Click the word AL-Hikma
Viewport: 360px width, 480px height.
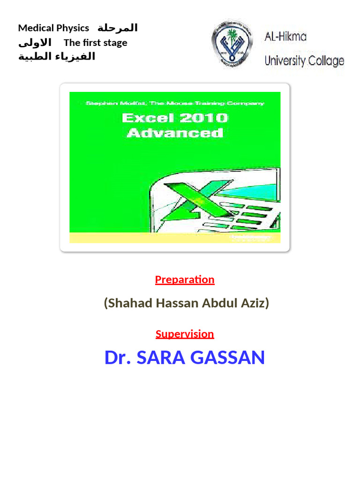tap(285, 36)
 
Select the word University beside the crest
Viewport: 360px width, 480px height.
tap(285, 60)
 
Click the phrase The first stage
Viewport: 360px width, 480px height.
tap(95, 43)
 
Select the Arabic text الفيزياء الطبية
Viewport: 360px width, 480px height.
tap(56, 57)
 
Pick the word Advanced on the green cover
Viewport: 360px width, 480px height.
tap(175, 133)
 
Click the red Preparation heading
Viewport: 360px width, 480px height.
tap(185, 279)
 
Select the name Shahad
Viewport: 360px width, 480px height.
tap(123, 303)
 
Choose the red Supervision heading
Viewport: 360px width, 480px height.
tap(185, 334)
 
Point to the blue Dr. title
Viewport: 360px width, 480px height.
tap(118, 358)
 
